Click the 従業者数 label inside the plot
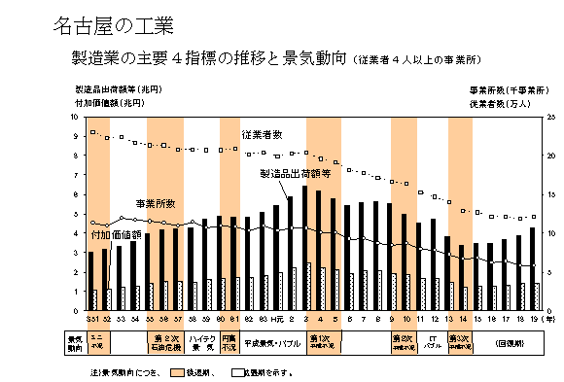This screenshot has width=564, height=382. coord(262,133)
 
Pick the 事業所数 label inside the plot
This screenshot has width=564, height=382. coord(155,203)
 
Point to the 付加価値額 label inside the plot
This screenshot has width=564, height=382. coord(116,234)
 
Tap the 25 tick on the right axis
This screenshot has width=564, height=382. coord(550,117)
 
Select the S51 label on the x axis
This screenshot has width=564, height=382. coord(91,319)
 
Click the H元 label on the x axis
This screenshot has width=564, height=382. coord(276,319)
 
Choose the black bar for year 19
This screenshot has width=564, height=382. coord(532,269)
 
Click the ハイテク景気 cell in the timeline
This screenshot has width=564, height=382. coord(201,341)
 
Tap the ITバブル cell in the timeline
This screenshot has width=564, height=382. coord(433,341)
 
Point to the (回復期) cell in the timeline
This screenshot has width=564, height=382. coord(511,341)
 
